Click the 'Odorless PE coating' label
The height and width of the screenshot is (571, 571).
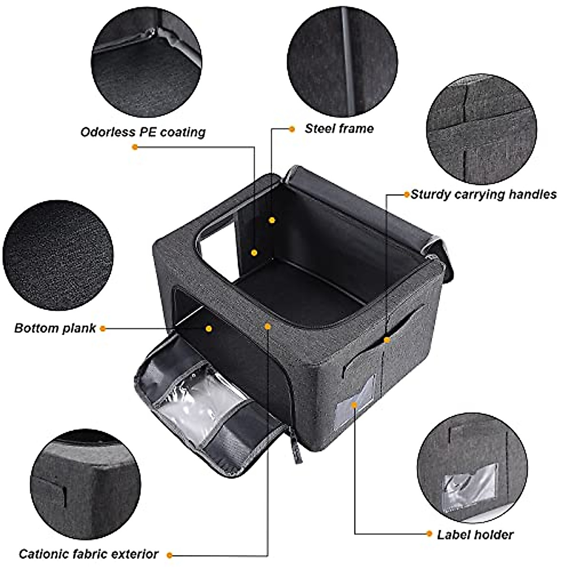coord(143,132)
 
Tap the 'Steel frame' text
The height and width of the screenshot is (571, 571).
coord(339,128)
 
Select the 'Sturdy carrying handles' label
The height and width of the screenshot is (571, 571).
coord(483,194)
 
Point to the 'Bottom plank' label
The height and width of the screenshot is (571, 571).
coord(55,328)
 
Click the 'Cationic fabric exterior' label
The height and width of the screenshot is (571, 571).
coord(89,554)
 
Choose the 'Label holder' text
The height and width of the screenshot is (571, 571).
coord(475,534)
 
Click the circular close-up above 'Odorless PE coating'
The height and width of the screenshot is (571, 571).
coord(147,63)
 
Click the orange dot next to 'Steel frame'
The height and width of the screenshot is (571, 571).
coord(292,128)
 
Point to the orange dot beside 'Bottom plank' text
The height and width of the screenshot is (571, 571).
coord(103,328)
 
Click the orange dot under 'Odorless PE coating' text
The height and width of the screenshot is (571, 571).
coord(135,147)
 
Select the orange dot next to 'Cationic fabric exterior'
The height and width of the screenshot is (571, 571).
coord(169,555)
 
